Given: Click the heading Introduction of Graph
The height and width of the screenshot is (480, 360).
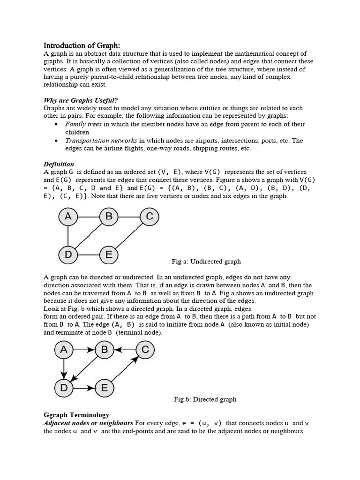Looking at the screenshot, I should coord(82,45).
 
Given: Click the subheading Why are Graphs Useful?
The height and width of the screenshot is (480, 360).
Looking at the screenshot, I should coord(81,100).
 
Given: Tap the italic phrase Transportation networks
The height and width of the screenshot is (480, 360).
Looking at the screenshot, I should coord(101,141).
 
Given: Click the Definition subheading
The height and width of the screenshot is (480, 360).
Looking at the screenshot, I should coord(59,164).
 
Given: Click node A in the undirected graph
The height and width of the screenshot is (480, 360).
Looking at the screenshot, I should coord(68,217).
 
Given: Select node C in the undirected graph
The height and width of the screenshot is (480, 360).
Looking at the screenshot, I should coord(150,217).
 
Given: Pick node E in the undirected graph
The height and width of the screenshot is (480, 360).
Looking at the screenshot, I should coord(109,255).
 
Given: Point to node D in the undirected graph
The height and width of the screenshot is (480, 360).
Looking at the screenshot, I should coord(68,255).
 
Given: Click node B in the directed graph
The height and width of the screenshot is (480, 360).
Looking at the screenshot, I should coord(105,350).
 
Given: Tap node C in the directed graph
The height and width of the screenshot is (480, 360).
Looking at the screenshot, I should coord(145,350).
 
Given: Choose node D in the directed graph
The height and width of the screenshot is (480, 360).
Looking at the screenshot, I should coord(64,388).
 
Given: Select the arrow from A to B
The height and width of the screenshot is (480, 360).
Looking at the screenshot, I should coord(84,350).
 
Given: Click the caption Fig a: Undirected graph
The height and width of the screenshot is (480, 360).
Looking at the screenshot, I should coord(207,261).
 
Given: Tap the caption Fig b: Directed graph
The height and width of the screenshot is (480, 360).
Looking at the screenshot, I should coord(205,399).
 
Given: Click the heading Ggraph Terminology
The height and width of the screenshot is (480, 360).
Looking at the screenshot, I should coord(76,415).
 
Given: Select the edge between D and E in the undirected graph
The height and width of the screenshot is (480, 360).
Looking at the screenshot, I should coord(89,255).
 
